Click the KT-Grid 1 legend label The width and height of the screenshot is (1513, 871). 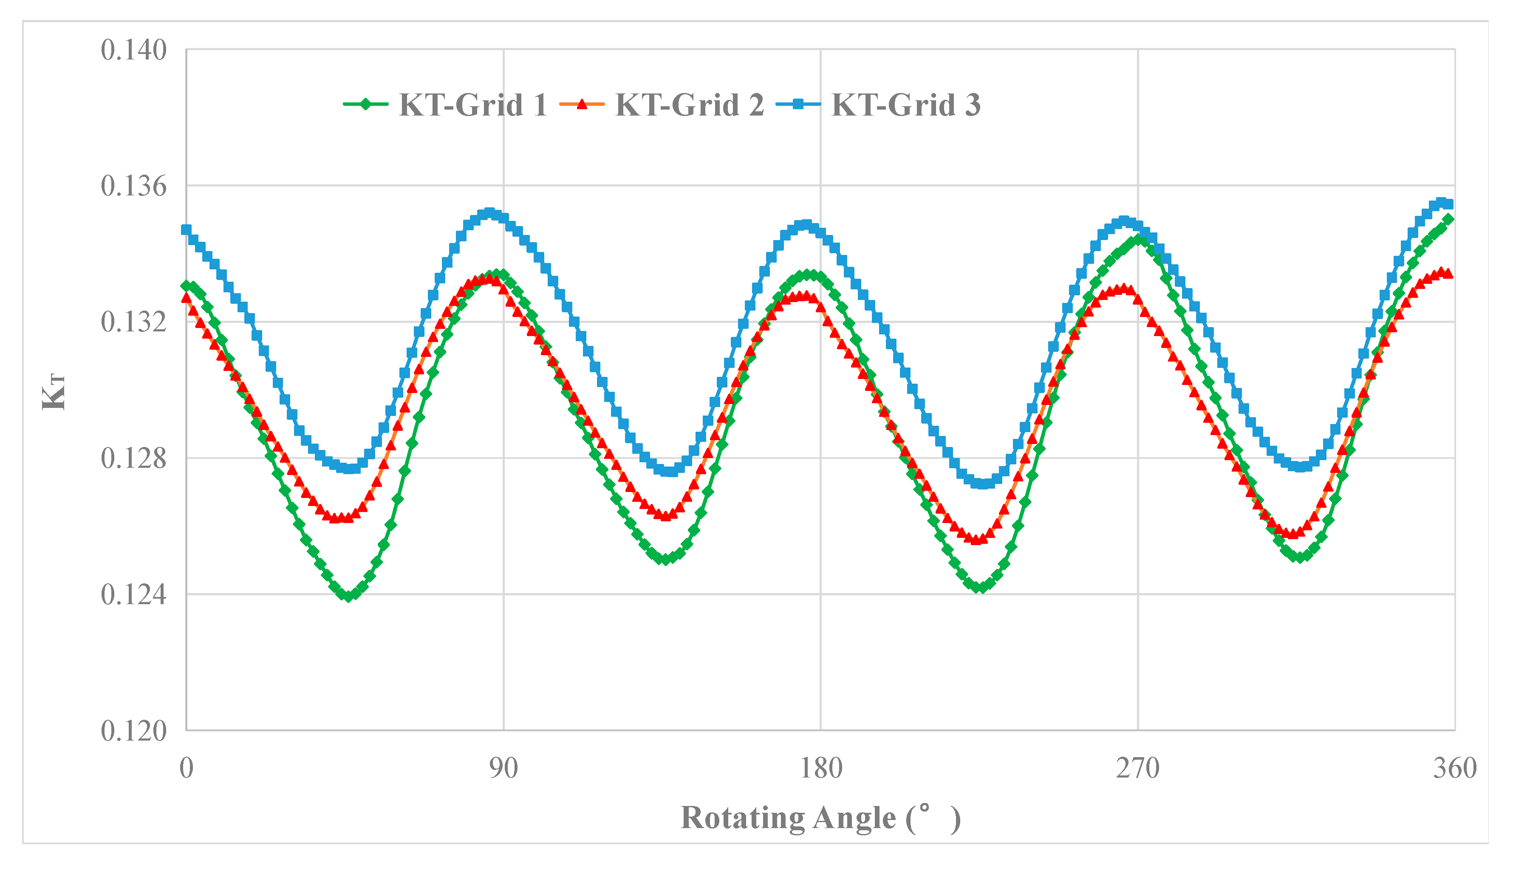(473, 105)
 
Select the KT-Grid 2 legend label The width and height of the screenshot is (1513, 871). (690, 105)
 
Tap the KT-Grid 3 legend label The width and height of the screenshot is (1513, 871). (906, 105)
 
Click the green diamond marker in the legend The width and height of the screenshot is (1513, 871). (365, 104)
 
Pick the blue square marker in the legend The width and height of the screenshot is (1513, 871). (798, 104)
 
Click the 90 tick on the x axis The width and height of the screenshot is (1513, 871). (503, 767)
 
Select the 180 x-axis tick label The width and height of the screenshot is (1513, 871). (820, 767)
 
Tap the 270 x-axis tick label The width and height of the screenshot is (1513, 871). (1137, 767)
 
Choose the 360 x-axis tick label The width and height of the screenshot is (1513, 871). (1454, 767)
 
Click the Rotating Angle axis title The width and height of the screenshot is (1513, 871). (820, 818)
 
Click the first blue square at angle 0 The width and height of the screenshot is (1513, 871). (187, 230)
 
